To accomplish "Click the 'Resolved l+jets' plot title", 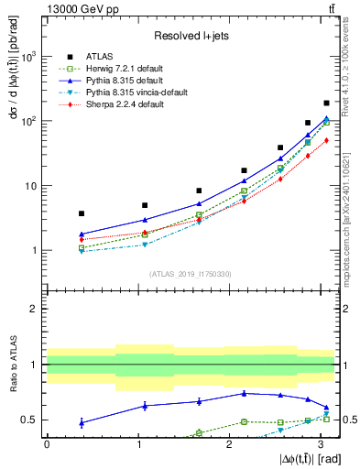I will [x=190, y=35].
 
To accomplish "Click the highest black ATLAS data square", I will [x=326, y=103].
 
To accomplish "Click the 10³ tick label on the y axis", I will [x=30, y=57].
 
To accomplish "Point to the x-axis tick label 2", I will [x=229, y=444].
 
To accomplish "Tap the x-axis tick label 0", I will [x=47, y=444].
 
